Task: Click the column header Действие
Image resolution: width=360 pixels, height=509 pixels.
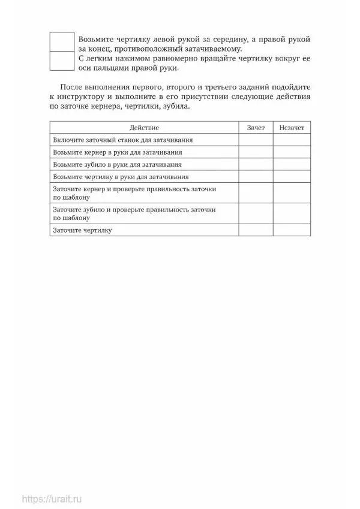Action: click(x=143, y=128)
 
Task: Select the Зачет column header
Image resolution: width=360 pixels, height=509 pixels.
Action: click(x=256, y=128)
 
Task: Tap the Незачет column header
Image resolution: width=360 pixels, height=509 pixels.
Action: click(x=292, y=128)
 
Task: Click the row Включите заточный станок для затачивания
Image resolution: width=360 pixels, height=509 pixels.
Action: click(x=122, y=140)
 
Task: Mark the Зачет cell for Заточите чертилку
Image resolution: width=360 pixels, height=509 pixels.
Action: click(x=256, y=230)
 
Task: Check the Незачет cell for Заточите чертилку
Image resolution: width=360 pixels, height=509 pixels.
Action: click(x=292, y=230)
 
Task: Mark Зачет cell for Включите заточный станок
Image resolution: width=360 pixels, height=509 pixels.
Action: click(x=256, y=140)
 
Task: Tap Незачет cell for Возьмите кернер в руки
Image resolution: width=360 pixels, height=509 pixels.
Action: click(x=292, y=152)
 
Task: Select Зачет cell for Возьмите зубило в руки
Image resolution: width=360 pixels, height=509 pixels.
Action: click(x=256, y=164)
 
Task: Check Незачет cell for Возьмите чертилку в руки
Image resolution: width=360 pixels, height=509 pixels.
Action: click(x=292, y=177)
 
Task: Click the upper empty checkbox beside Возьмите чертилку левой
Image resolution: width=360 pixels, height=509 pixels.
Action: click(x=62, y=43)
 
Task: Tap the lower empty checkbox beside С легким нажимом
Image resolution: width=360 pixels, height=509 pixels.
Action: click(x=62, y=62)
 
